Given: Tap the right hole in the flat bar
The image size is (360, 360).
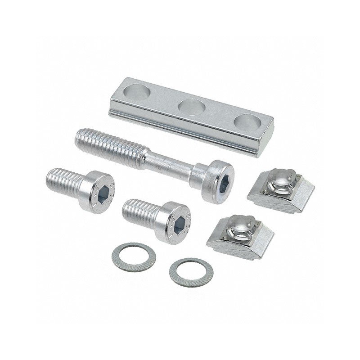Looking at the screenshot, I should [x=248, y=122].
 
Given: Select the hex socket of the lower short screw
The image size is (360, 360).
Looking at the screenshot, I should [x=179, y=223].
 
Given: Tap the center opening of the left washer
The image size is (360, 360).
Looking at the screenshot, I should [x=134, y=256].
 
